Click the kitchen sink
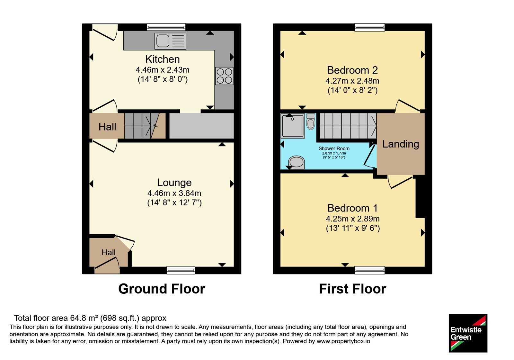coord(170,41)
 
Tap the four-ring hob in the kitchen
coord(224,76)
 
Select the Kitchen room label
coord(163,59)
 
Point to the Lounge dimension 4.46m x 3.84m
coord(174,193)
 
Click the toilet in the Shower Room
coord(311,122)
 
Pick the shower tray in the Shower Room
coord(293,126)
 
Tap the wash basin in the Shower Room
coord(297,162)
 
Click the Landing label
coord(401,144)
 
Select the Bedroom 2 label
coord(352,70)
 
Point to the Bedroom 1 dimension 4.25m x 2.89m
coord(353,219)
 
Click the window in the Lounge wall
coord(181,270)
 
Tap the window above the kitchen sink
coord(166,27)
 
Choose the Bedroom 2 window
coord(369,27)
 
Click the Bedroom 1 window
coord(369,270)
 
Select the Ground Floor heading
coord(162,289)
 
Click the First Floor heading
coord(352,289)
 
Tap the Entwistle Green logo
coord(468,333)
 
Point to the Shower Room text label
coord(334,148)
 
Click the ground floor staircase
coord(145,126)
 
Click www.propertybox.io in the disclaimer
coord(343,341)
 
